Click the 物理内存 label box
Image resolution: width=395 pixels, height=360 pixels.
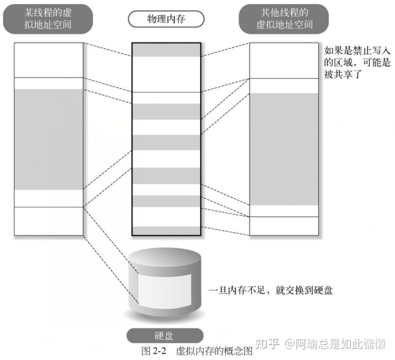[x=166, y=19]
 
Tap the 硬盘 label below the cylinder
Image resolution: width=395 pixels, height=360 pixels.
[x=165, y=336]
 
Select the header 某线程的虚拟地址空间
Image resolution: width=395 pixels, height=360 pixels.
[x=48, y=18]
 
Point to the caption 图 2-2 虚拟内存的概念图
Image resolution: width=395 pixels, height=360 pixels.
[x=197, y=351]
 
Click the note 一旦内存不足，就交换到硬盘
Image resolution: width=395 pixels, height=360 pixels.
[x=271, y=290]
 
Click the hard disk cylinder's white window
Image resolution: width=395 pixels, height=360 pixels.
[x=164, y=288]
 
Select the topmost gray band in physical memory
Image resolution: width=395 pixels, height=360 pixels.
[x=166, y=50]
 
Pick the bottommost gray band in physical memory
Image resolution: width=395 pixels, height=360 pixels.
[x=166, y=230]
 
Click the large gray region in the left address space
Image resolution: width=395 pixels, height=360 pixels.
[x=48, y=139]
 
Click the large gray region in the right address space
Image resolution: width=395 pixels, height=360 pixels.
[x=284, y=149]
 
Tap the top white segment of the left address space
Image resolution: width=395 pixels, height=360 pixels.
[x=48, y=60]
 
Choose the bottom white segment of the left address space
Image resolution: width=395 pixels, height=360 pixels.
[x=48, y=221]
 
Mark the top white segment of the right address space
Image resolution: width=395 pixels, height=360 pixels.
[x=284, y=60]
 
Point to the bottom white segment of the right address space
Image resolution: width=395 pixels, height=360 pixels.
[x=284, y=226]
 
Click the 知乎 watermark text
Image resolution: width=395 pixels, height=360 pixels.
[x=267, y=344]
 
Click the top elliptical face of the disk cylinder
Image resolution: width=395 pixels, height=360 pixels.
[x=164, y=257]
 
